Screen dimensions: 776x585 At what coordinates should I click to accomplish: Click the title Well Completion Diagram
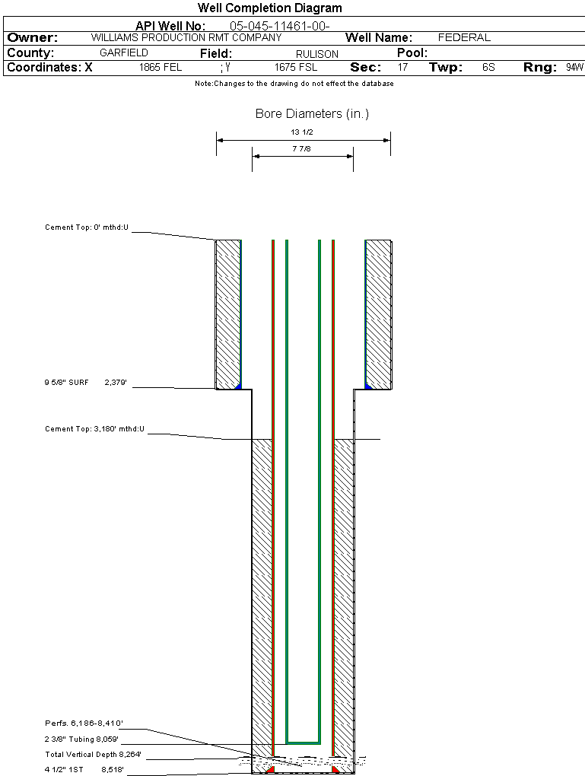(x=270, y=8)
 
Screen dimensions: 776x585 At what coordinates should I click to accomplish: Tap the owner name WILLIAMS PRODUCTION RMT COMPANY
(x=186, y=37)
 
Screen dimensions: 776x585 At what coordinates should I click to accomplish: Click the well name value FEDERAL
(x=464, y=37)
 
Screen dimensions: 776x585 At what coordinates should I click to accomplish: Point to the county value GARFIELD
(x=124, y=53)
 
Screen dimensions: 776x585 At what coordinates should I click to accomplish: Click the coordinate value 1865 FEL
(x=161, y=68)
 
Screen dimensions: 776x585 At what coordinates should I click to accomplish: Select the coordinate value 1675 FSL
(x=296, y=68)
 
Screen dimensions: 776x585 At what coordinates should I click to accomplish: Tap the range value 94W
(x=574, y=68)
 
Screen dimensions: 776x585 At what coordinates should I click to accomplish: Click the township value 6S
(x=488, y=68)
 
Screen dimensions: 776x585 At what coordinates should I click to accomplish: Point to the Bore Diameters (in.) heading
(x=312, y=114)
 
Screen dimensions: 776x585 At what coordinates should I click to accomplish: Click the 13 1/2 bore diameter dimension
(x=302, y=132)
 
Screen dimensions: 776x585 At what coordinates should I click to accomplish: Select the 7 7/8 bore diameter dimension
(x=302, y=149)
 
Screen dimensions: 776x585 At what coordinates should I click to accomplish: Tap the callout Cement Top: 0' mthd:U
(x=87, y=227)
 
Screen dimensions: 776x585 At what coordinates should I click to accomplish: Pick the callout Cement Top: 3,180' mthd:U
(x=94, y=429)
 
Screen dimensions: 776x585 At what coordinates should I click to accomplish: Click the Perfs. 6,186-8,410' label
(x=84, y=723)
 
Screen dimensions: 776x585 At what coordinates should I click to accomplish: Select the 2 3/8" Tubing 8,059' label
(x=82, y=739)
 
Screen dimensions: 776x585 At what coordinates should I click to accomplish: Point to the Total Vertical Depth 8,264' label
(x=93, y=755)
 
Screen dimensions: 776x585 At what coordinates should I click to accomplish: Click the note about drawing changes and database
(x=294, y=84)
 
